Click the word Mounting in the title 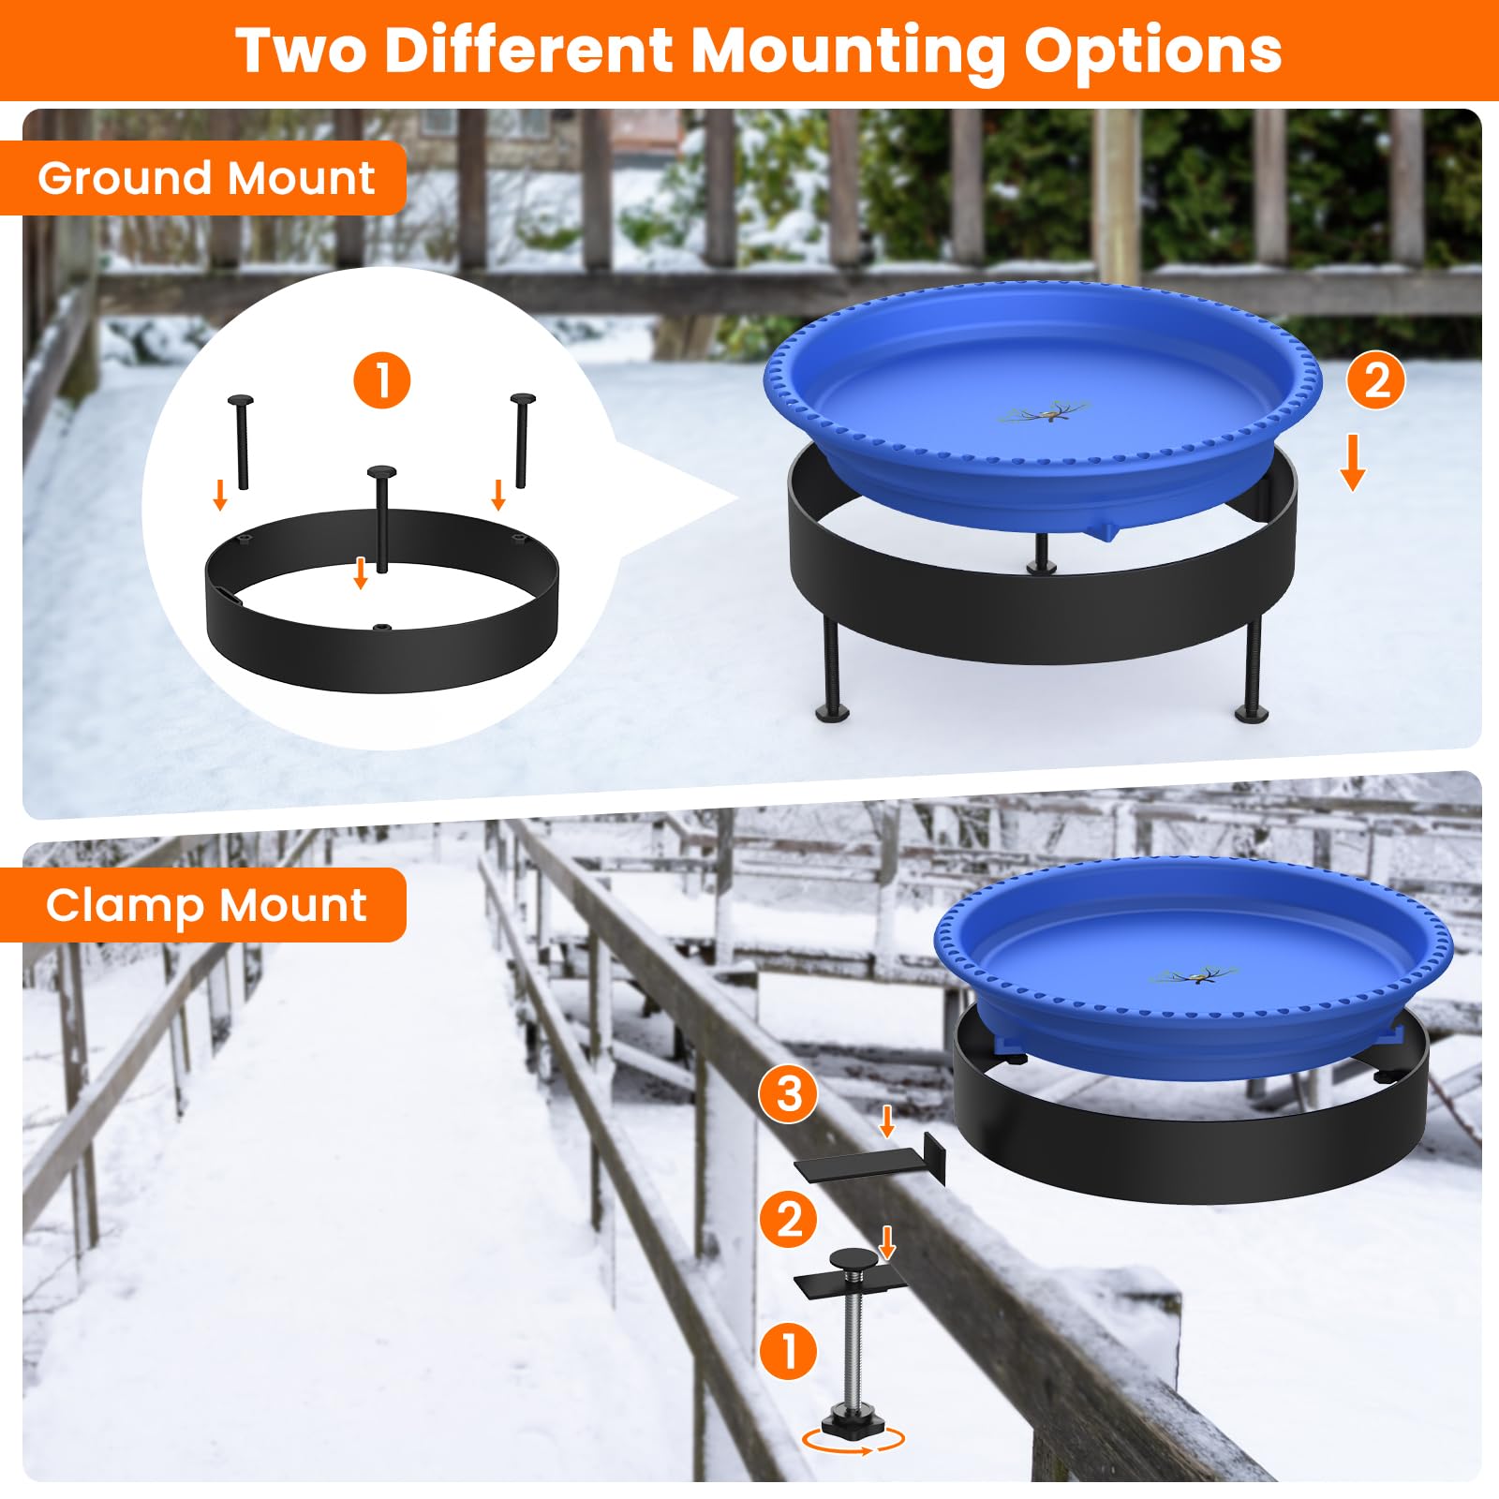[849, 52]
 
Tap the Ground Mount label [206, 178]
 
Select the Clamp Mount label [206, 905]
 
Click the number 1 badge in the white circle [382, 380]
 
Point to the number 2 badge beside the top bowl [1376, 380]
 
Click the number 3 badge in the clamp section [789, 1093]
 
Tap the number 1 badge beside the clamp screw [789, 1351]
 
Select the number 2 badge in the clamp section [789, 1220]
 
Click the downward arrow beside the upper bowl [1352, 463]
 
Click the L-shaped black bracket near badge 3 [871, 1160]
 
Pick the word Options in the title [1153, 52]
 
